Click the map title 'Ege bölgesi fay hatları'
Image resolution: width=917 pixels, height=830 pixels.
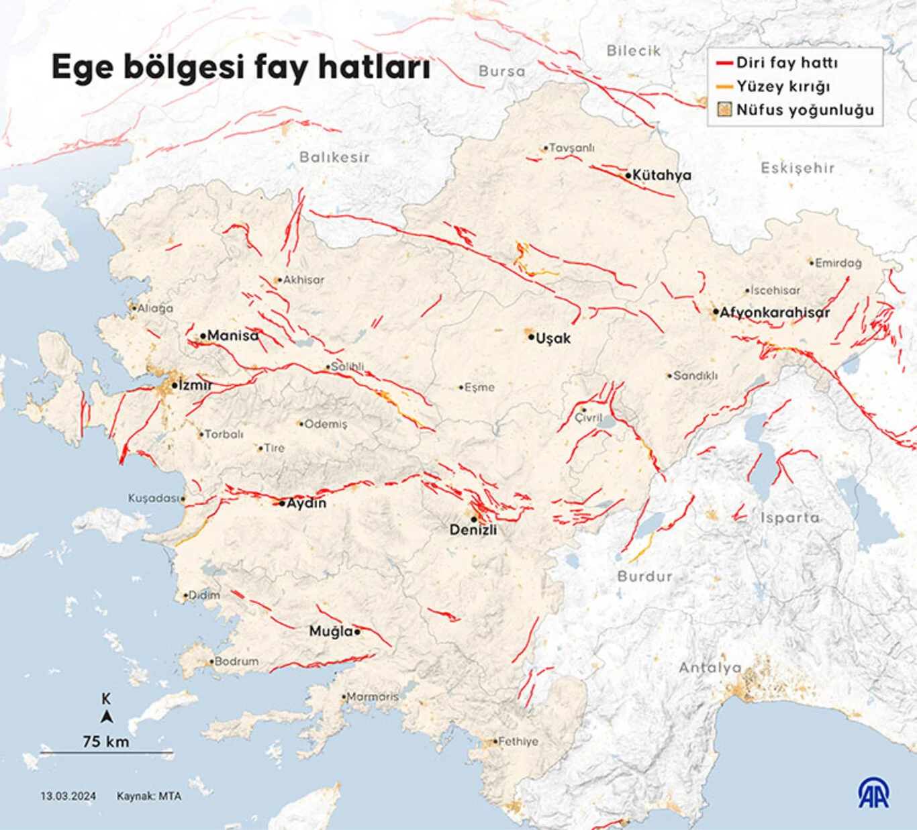pyautogui.click(x=240, y=68)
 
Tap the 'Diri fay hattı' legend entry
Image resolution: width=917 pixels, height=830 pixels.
pyautogui.click(x=786, y=63)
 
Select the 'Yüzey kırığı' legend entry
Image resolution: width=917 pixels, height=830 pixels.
pyautogui.click(x=782, y=87)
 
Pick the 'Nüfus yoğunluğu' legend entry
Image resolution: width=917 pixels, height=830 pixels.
pyautogui.click(x=804, y=110)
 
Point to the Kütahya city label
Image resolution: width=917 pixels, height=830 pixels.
pyautogui.click(x=661, y=175)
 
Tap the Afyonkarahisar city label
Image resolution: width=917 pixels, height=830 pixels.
pyautogui.click(x=775, y=312)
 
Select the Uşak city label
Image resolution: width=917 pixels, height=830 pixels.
pyautogui.click(x=553, y=338)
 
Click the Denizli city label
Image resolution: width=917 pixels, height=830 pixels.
pyautogui.click(x=473, y=529)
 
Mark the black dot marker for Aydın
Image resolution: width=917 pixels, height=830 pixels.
pyautogui.click(x=282, y=503)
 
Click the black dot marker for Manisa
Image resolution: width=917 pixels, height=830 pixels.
pyautogui.click(x=203, y=336)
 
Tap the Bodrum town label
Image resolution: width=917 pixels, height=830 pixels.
pyautogui.click(x=236, y=662)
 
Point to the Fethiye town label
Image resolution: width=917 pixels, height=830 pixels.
pyautogui.click(x=518, y=741)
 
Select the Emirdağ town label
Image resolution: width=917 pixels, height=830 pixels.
pyautogui.click(x=838, y=263)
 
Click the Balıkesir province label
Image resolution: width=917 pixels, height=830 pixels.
pyautogui.click(x=334, y=157)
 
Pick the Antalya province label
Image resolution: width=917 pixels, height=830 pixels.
pyautogui.click(x=710, y=668)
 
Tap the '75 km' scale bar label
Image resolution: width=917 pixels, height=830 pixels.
pyautogui.click(x=106, y=741)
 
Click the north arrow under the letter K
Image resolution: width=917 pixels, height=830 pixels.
pyautogui.click(x=106, y=717)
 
